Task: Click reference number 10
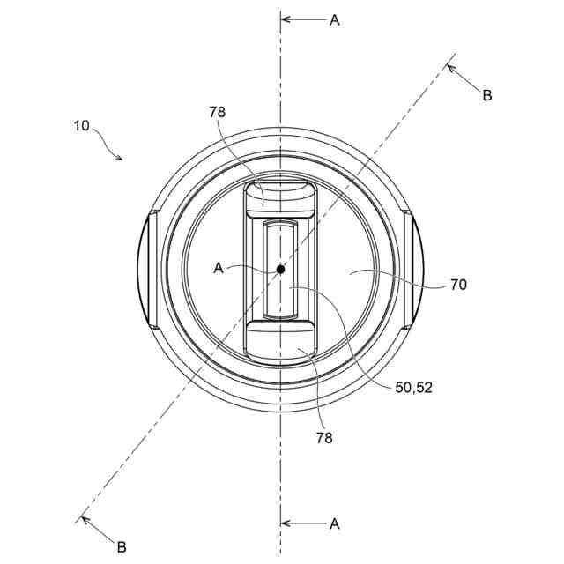81,126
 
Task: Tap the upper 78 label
218,112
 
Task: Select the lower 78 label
324,438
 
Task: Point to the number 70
458,285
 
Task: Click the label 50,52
413,388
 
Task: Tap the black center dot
280,269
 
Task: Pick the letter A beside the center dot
219,268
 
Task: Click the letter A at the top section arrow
335,20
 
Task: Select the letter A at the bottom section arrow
335,524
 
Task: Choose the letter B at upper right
487,96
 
